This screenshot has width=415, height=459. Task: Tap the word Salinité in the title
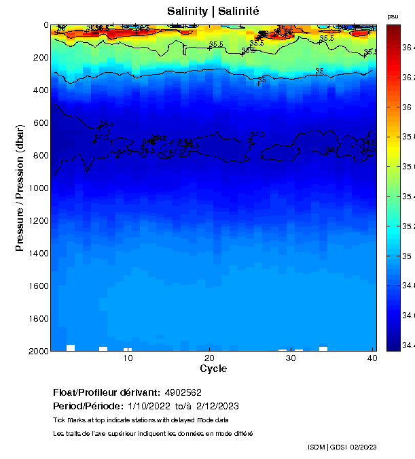238,12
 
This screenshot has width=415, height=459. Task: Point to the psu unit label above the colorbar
392,16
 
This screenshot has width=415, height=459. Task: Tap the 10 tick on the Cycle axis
127,358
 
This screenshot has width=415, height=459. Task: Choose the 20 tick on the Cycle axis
209,358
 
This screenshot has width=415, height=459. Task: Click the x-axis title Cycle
213,369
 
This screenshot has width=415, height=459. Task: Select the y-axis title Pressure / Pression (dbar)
20,188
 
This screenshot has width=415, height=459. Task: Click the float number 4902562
183,392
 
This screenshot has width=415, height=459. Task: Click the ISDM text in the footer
317,447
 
